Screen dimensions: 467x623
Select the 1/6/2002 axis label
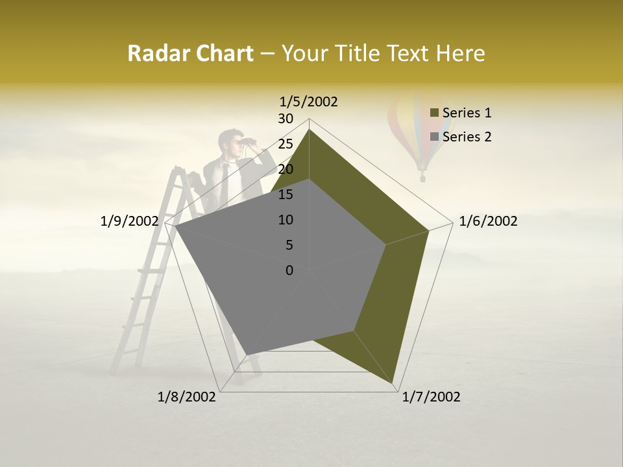click(x=488, y=221)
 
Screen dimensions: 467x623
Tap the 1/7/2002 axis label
click(x=431, y=397)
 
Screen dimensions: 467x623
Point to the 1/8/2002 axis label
click(x=187, y=397)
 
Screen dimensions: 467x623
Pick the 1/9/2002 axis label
click(x=130, y=221)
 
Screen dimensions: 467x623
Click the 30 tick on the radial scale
click(x=286, y=119)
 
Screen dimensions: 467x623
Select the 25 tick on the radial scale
click(x=286, y=144)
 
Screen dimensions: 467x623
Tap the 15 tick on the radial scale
click(x=286, y=195)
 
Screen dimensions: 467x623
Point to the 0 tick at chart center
click(x=289, y=270)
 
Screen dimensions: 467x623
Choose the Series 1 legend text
click(x=467, y=113)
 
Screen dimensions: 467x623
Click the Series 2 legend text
click(x=467, y=137)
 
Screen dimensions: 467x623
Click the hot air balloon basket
click(x=422, y=176)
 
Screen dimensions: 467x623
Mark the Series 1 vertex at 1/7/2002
click(x=394, y=385)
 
